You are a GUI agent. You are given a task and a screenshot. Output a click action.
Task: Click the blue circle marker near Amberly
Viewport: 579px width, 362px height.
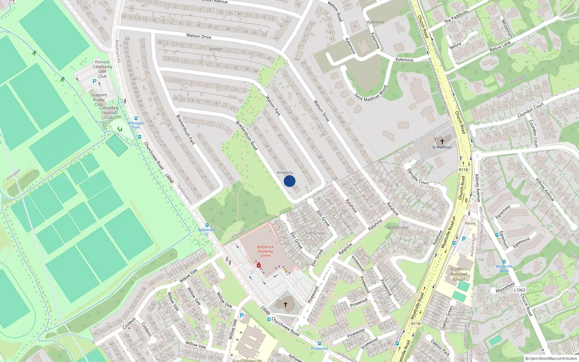tap(289, 181)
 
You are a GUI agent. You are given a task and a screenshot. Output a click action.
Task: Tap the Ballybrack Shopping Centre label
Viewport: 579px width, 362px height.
tap(265, 251)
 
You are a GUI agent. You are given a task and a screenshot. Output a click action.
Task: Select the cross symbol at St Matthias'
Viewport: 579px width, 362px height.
tap(442, 141)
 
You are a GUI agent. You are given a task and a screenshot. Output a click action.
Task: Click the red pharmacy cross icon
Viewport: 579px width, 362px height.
tap(259, 265)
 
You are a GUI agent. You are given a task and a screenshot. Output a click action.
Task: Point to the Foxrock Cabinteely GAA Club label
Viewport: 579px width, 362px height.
tap(102, 69)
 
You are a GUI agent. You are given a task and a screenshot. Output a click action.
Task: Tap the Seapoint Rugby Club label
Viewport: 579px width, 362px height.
tap(98, 100)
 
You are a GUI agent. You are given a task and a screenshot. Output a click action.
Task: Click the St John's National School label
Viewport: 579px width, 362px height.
tap(458, 274)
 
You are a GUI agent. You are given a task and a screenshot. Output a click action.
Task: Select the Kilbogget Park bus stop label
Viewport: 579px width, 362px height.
tap(136, 125)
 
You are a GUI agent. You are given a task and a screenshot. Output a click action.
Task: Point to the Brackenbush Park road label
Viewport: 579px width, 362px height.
tap(186, 130)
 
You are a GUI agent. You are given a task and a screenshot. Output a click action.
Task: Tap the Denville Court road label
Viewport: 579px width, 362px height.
tap(418, 177)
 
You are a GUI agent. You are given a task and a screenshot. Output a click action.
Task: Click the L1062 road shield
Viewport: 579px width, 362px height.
tap(519, 290)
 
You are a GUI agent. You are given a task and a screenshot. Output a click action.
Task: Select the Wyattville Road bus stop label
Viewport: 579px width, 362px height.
tap(504, 268)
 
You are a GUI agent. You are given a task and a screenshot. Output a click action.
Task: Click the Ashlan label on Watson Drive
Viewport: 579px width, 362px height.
tap(216, 49)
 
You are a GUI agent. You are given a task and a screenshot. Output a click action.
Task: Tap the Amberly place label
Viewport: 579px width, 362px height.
tap(285, 173)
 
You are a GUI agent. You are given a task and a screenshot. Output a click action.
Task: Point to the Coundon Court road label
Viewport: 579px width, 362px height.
tap(531, 110)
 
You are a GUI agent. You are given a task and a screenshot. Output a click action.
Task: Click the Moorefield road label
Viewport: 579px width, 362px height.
tap(505, 287)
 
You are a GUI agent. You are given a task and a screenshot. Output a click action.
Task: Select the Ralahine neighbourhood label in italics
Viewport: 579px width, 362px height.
tap(398, 227)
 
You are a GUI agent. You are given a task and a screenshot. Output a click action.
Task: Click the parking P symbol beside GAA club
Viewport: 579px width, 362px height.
tap(94, 81)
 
